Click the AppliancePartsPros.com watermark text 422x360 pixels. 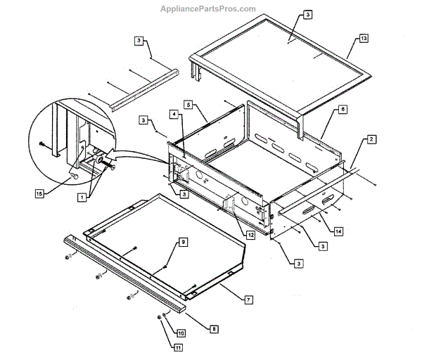coord(211,8)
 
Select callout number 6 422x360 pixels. coord(342,110)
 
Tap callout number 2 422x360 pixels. coord(370,141)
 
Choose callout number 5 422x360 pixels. coord(188,104)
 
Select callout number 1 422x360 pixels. coord(82,198)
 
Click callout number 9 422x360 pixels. coord(182,242)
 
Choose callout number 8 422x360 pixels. coord(215,328)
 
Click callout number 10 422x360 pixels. coord(181,333)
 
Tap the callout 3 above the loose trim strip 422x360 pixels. coord(139,41)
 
